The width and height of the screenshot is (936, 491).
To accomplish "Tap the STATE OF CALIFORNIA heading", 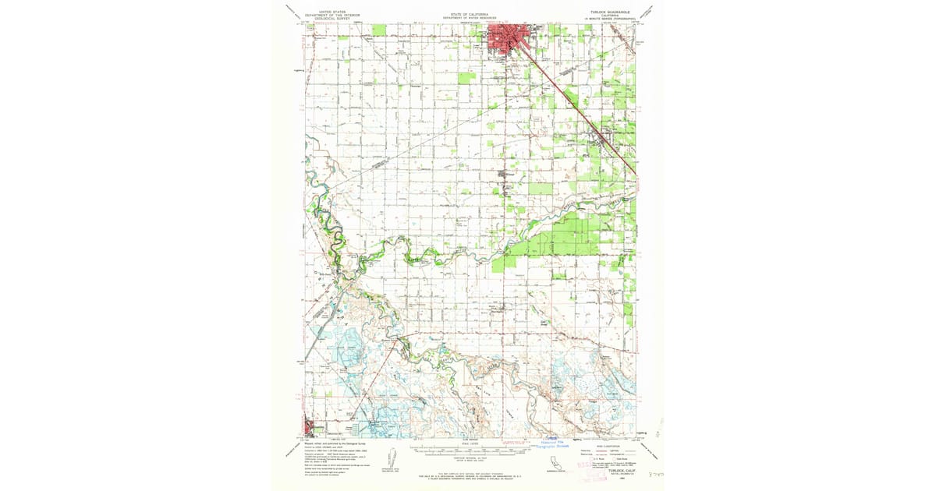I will pyautogui.click(x=468, y=13).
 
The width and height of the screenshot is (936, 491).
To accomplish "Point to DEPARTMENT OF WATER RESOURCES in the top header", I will pyautogui.click(x=468, y=17).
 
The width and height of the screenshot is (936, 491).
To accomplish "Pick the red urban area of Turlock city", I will pyautogui.click(x=507, y=39).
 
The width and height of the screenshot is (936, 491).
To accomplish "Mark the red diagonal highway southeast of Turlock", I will pyautogui.click(x=581, y=109).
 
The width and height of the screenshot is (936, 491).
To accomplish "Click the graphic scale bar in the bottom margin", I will pyautogui.click(x=468, y=450).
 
